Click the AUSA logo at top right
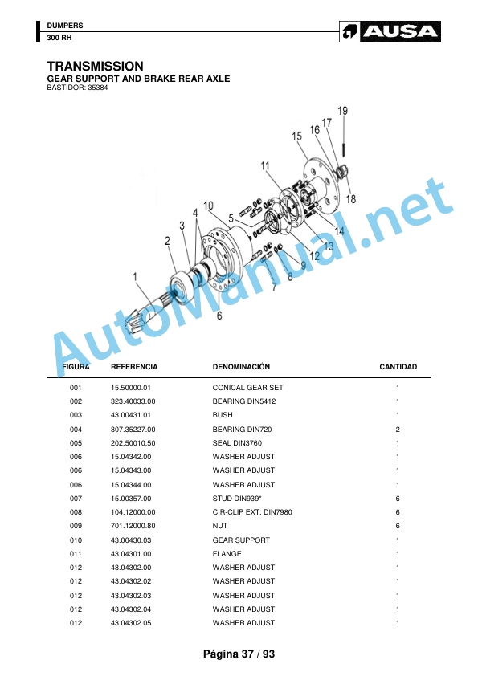click(390, 31)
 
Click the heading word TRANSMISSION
click(95, 66)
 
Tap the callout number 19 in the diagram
click(342, 111)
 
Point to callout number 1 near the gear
click(135, 276)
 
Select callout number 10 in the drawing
click(208, 206)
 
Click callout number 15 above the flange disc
click(296, 136)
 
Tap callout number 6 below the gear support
click(219, 316)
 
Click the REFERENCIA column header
click(134, 367)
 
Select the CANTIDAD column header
click(398, 367)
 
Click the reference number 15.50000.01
click(131, 388)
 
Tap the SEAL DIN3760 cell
click(237, 442)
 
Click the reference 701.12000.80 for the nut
click(133, 526)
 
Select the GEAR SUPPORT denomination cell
click(241, 540)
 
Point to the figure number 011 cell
click(76, 553)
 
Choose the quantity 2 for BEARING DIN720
click(398, 430)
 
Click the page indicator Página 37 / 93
click(239, 654)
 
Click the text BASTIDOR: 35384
click(77, 88)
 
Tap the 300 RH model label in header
click(59, 38)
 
